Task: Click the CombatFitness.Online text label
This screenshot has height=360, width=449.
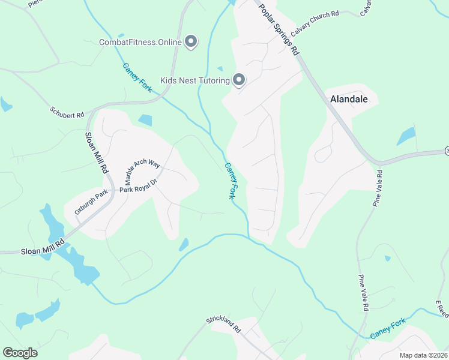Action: click(x=139, y=42)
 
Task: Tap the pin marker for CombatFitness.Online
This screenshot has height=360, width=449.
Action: click(x=191, y=41)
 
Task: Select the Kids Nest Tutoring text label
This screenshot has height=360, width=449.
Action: click(x=195, y=80)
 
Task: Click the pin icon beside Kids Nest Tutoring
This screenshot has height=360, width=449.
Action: click(x=239, y=80)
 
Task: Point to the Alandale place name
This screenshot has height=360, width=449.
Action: click(x=348, y=99)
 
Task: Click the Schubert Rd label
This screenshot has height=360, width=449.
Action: click(x=67, y=112)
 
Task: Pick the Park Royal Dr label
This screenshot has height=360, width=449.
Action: click(x=137, y=188)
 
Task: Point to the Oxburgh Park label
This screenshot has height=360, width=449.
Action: click(x=91, y=202)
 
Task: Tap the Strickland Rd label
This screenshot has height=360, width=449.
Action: click(x=223, y=325)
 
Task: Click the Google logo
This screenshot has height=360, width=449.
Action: click(x=20, y=353)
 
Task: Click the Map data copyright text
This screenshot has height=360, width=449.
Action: click(x=424, y=355)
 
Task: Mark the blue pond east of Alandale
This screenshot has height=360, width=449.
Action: click(x=406, y=136)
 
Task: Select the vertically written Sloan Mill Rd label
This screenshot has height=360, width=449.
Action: click(x=95, y=153)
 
